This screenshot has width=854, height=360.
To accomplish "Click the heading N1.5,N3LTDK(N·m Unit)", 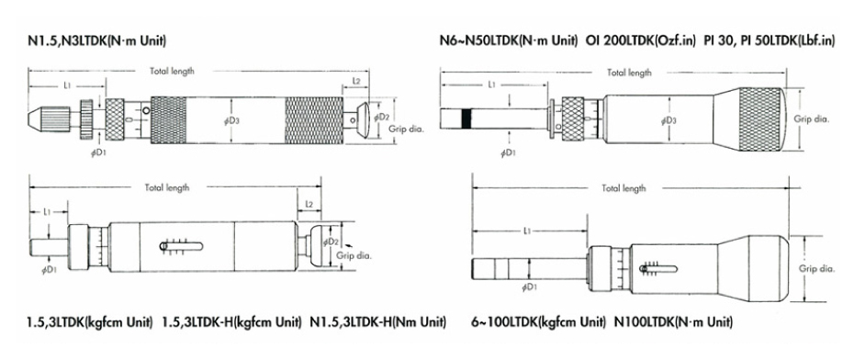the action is coord(97,40).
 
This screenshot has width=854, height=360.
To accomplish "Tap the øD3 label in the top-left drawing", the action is coord(231,120).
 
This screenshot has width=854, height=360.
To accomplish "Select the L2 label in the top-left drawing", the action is coord(356,80).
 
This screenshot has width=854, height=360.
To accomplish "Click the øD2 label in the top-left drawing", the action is coord(383,118).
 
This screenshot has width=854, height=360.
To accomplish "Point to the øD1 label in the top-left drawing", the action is coord(98,153).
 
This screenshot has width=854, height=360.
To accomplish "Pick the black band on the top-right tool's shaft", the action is coord(466,118).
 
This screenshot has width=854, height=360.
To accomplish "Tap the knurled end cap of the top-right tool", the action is coord(762,119).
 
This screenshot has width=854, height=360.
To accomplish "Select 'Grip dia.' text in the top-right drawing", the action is coord(811,118).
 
